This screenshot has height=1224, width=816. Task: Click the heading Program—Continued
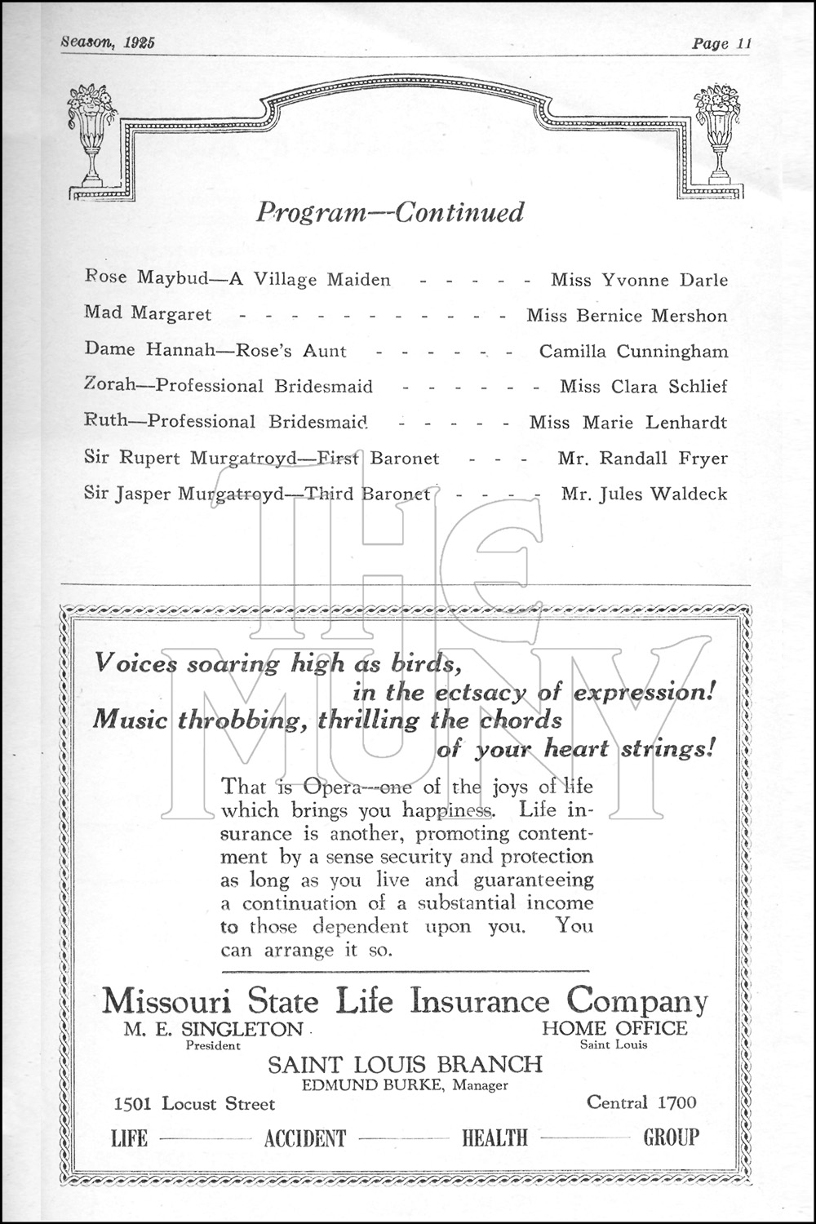point(390,212)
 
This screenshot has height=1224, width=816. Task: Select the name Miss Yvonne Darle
point(639,280)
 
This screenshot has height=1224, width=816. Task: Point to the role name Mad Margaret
point(148,314)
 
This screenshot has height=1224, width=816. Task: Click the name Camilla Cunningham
point(633,352)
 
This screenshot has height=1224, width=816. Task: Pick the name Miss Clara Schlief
point(643,387)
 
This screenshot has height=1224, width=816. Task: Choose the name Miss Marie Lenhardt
point(628,423)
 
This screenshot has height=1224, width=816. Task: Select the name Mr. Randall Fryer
point(642,459)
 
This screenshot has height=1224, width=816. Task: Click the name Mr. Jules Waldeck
point(644,494)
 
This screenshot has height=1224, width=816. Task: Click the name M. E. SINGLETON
point(214,1029)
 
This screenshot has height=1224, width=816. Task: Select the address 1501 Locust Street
point(195,1104)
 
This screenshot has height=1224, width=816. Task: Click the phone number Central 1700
point(641,1103)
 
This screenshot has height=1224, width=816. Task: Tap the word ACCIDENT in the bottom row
point(305,1138)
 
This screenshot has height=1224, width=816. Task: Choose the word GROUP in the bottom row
point(671,1138)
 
